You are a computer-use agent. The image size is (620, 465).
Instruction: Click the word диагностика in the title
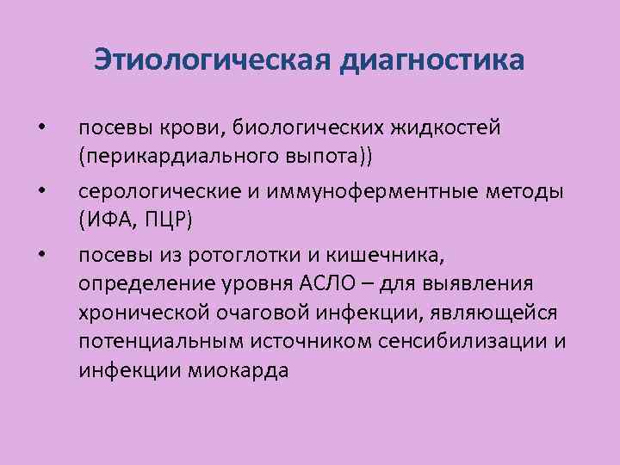pyautogui.click(x=433, y=61)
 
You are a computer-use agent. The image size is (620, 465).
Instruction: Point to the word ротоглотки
pyautogui.click(x=266, y=254)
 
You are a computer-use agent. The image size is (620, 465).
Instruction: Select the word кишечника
pyautogui.click(x=399, y=254)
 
